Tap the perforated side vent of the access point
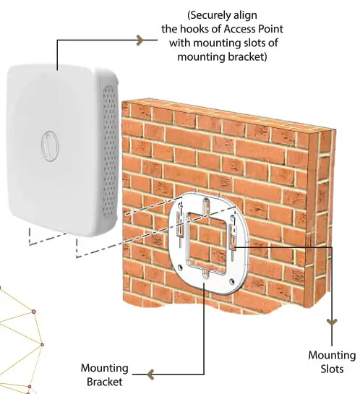pyautogui.click(x=111, y=155)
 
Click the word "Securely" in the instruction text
pyautogui.click(x=209, y=14)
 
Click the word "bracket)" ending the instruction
pyautogui.click(x=249, y=57)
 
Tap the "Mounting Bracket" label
pyautogui.click(x=104, y=375)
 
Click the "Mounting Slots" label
pyautogui.click(x=332, y=361)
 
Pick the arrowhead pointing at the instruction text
pyautogui.click(x=140, y=42)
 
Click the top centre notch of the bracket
pyautogui.click(x=206, y=203)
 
